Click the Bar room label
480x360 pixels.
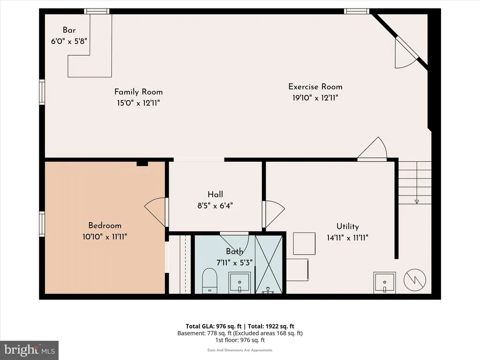click(69, 30)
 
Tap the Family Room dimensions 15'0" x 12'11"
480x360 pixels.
click(138, 103)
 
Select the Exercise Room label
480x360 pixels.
click(315, 87)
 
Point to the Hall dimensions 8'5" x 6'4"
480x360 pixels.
click(215, 206)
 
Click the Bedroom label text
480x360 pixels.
click(105, 225)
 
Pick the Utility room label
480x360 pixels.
click(347, 226)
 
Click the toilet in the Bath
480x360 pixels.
click(210, 281)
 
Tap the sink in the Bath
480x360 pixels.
click(240, 283)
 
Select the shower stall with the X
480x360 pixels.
click(269, 264)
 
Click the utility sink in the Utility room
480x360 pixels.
click(384, 283)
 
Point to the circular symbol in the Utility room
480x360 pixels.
click(415, 280)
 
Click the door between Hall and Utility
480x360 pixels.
click(274, 214)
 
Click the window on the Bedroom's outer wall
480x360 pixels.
click(42, 224)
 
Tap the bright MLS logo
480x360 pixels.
click(30, 350)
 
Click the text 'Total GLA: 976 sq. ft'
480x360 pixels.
click(214, 326)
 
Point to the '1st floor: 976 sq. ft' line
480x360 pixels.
click(240, 340)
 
